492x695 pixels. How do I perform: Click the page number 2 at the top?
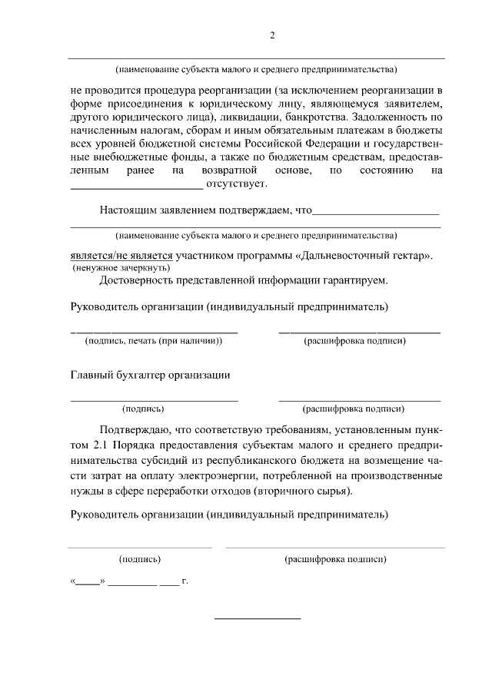[x=272, y=36]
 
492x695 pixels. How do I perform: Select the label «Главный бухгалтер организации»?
[x=150, y=376]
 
